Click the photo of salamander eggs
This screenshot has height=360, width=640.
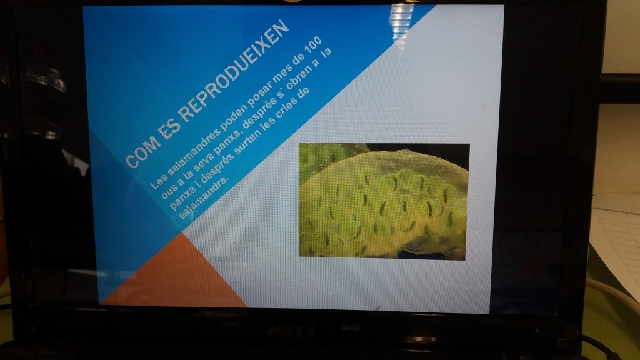384,201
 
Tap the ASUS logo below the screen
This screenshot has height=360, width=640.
291,331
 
